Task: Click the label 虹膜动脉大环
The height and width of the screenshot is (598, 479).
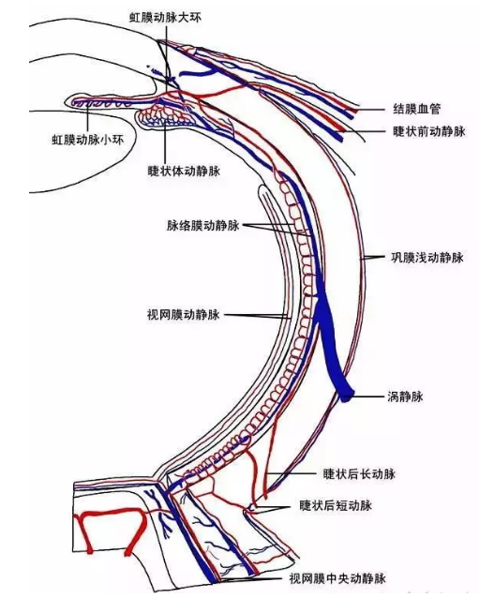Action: tap(165, 18)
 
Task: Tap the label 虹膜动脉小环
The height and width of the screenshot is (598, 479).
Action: tap(88, 140)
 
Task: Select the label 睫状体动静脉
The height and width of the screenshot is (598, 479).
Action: tap(184, 171)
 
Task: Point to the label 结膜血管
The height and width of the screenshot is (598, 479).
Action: tap(417, 109)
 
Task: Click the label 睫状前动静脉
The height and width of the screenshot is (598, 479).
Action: tap(429, 131)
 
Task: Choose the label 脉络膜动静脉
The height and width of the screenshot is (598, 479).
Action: tap(202, 225)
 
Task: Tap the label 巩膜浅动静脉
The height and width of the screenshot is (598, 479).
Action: tap(427, 258)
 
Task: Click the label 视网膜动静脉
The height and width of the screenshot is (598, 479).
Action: tap(184, 315)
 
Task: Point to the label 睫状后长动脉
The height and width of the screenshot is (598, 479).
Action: tap(359, 474)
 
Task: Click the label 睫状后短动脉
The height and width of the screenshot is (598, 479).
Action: tap(336, 506)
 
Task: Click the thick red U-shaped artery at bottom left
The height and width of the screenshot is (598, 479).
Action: tap(111, 514)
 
